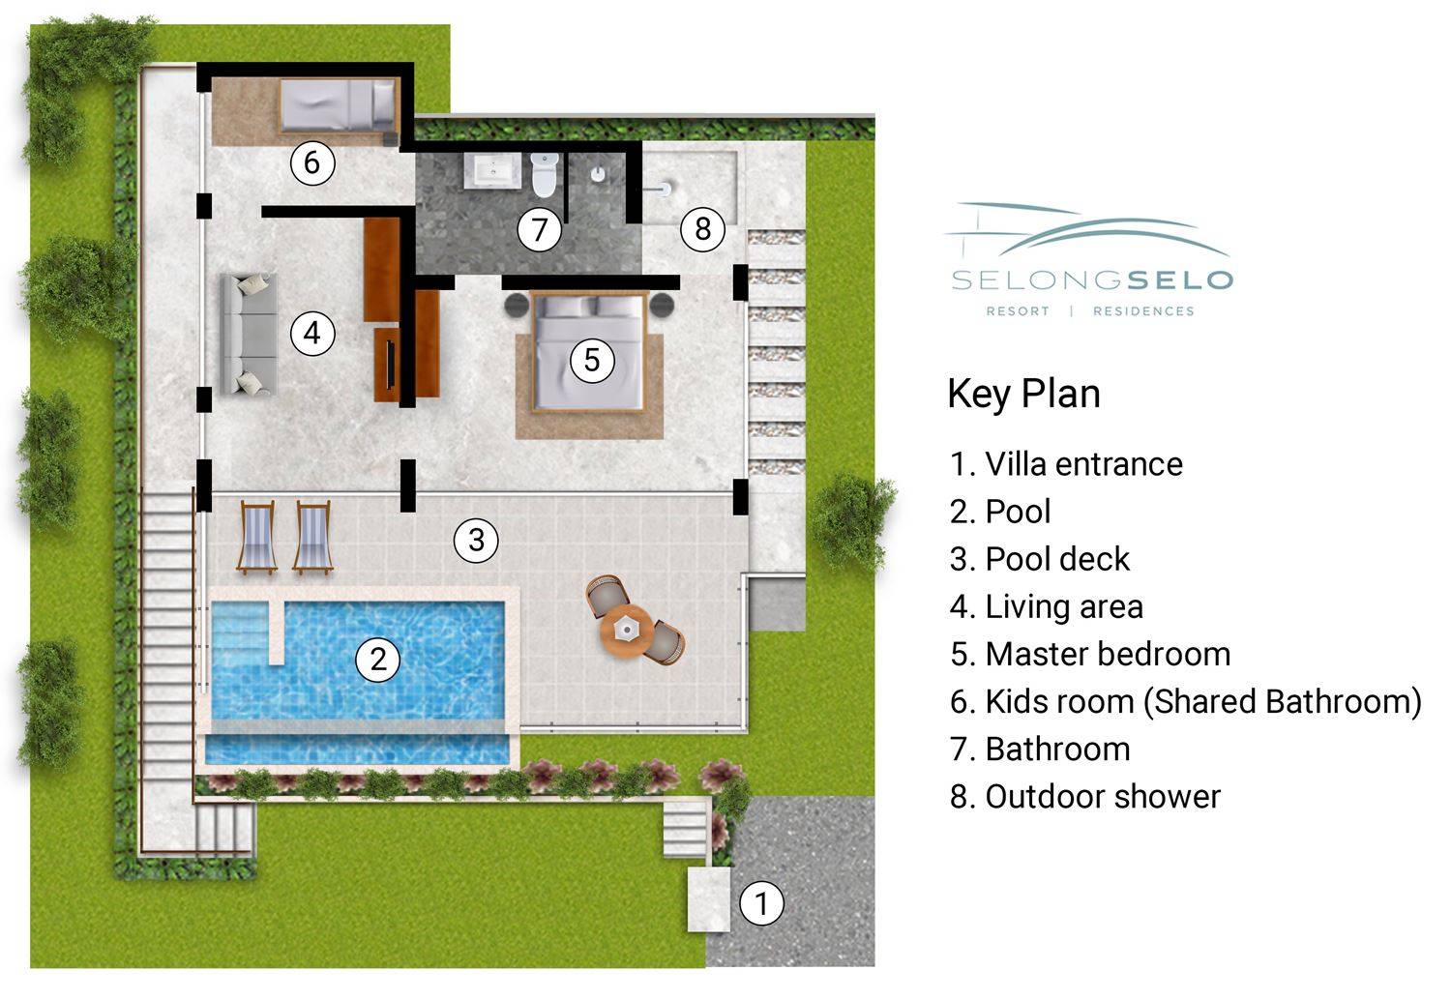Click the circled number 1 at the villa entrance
click(761, 903)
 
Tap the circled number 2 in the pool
click(377, 660)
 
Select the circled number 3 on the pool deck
click(476, 541)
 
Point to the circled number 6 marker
click(312, 162)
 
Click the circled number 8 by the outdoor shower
click(702, 228)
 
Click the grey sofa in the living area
click(249, 335)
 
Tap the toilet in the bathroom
click(544, 174)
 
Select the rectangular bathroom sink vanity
click(492, 171)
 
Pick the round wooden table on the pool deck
click(625, 631)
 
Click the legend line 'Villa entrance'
click(1066, 464)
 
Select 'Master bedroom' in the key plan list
click(1090, 654)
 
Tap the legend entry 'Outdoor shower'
click(1085, 797)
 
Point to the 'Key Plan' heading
click(1023, 394)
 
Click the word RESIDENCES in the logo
click(1143, 311)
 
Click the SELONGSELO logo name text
click(1092, 280)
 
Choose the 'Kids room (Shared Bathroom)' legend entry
click(1185, 702)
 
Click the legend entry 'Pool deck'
click(1040, 559)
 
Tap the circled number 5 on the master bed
click(592, 360)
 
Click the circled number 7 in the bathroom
click(539, 229)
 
